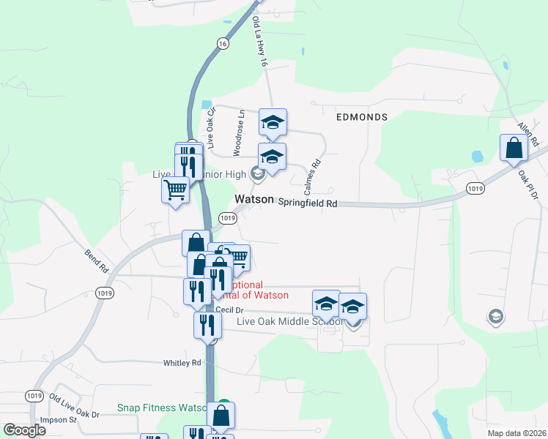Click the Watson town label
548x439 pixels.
tap(254, 200)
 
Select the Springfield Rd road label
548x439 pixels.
tap(308, 203)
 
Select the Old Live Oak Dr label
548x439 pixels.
tap(74, 406)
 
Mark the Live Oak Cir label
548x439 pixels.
tap(211, 128)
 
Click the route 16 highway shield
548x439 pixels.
tap(222, 44)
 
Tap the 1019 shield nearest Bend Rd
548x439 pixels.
tap(104, 293)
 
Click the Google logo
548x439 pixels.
tap(24, 430)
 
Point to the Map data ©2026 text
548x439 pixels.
tap(516, 433)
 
